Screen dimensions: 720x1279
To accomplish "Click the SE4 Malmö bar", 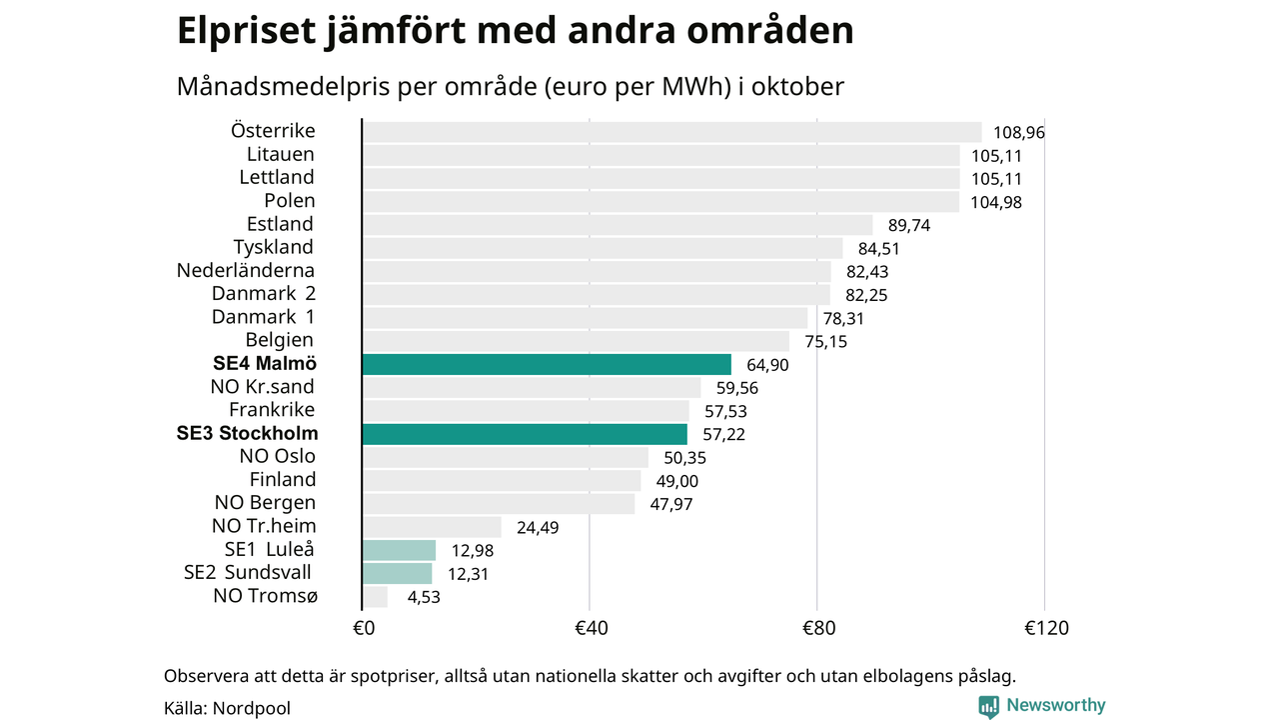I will [546, 364].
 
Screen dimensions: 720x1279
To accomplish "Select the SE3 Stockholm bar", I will [524, 434].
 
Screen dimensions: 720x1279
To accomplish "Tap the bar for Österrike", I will [671, 132].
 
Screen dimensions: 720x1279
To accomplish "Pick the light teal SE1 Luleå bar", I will [399, 550].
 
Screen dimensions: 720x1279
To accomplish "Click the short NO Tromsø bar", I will [375, 597].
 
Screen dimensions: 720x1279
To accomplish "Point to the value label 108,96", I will [1018, 132].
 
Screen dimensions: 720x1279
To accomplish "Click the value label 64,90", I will [767, 365].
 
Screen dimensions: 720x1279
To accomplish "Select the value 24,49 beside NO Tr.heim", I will [538, 527].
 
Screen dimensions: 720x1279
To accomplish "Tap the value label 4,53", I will [424, 597].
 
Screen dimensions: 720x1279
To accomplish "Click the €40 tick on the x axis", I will [592, 628].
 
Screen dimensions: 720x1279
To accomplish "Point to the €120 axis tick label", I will [1046, 628].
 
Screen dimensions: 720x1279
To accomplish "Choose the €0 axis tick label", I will [364, 628].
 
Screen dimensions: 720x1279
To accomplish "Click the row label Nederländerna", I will [246, 270].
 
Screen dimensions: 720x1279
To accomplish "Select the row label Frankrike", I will [272, 409].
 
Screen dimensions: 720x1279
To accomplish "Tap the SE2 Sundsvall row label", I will [248, 572].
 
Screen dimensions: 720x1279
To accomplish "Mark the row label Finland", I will [283, 479].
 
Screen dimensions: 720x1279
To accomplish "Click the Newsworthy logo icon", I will [988, 706].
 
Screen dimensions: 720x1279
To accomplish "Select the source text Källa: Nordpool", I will [227, 708].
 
